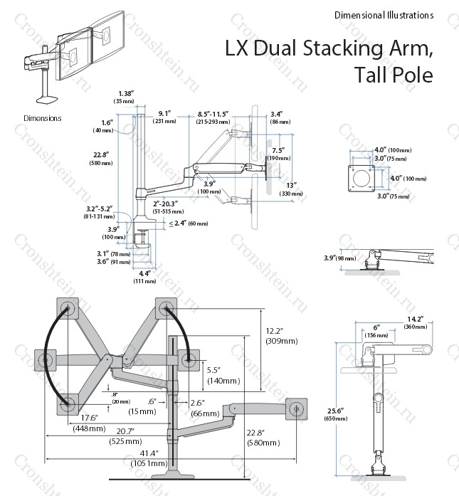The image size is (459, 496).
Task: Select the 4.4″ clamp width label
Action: point(145,273)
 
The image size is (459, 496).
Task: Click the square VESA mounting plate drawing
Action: point(359,176)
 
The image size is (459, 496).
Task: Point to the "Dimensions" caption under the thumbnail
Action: point(42,118)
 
